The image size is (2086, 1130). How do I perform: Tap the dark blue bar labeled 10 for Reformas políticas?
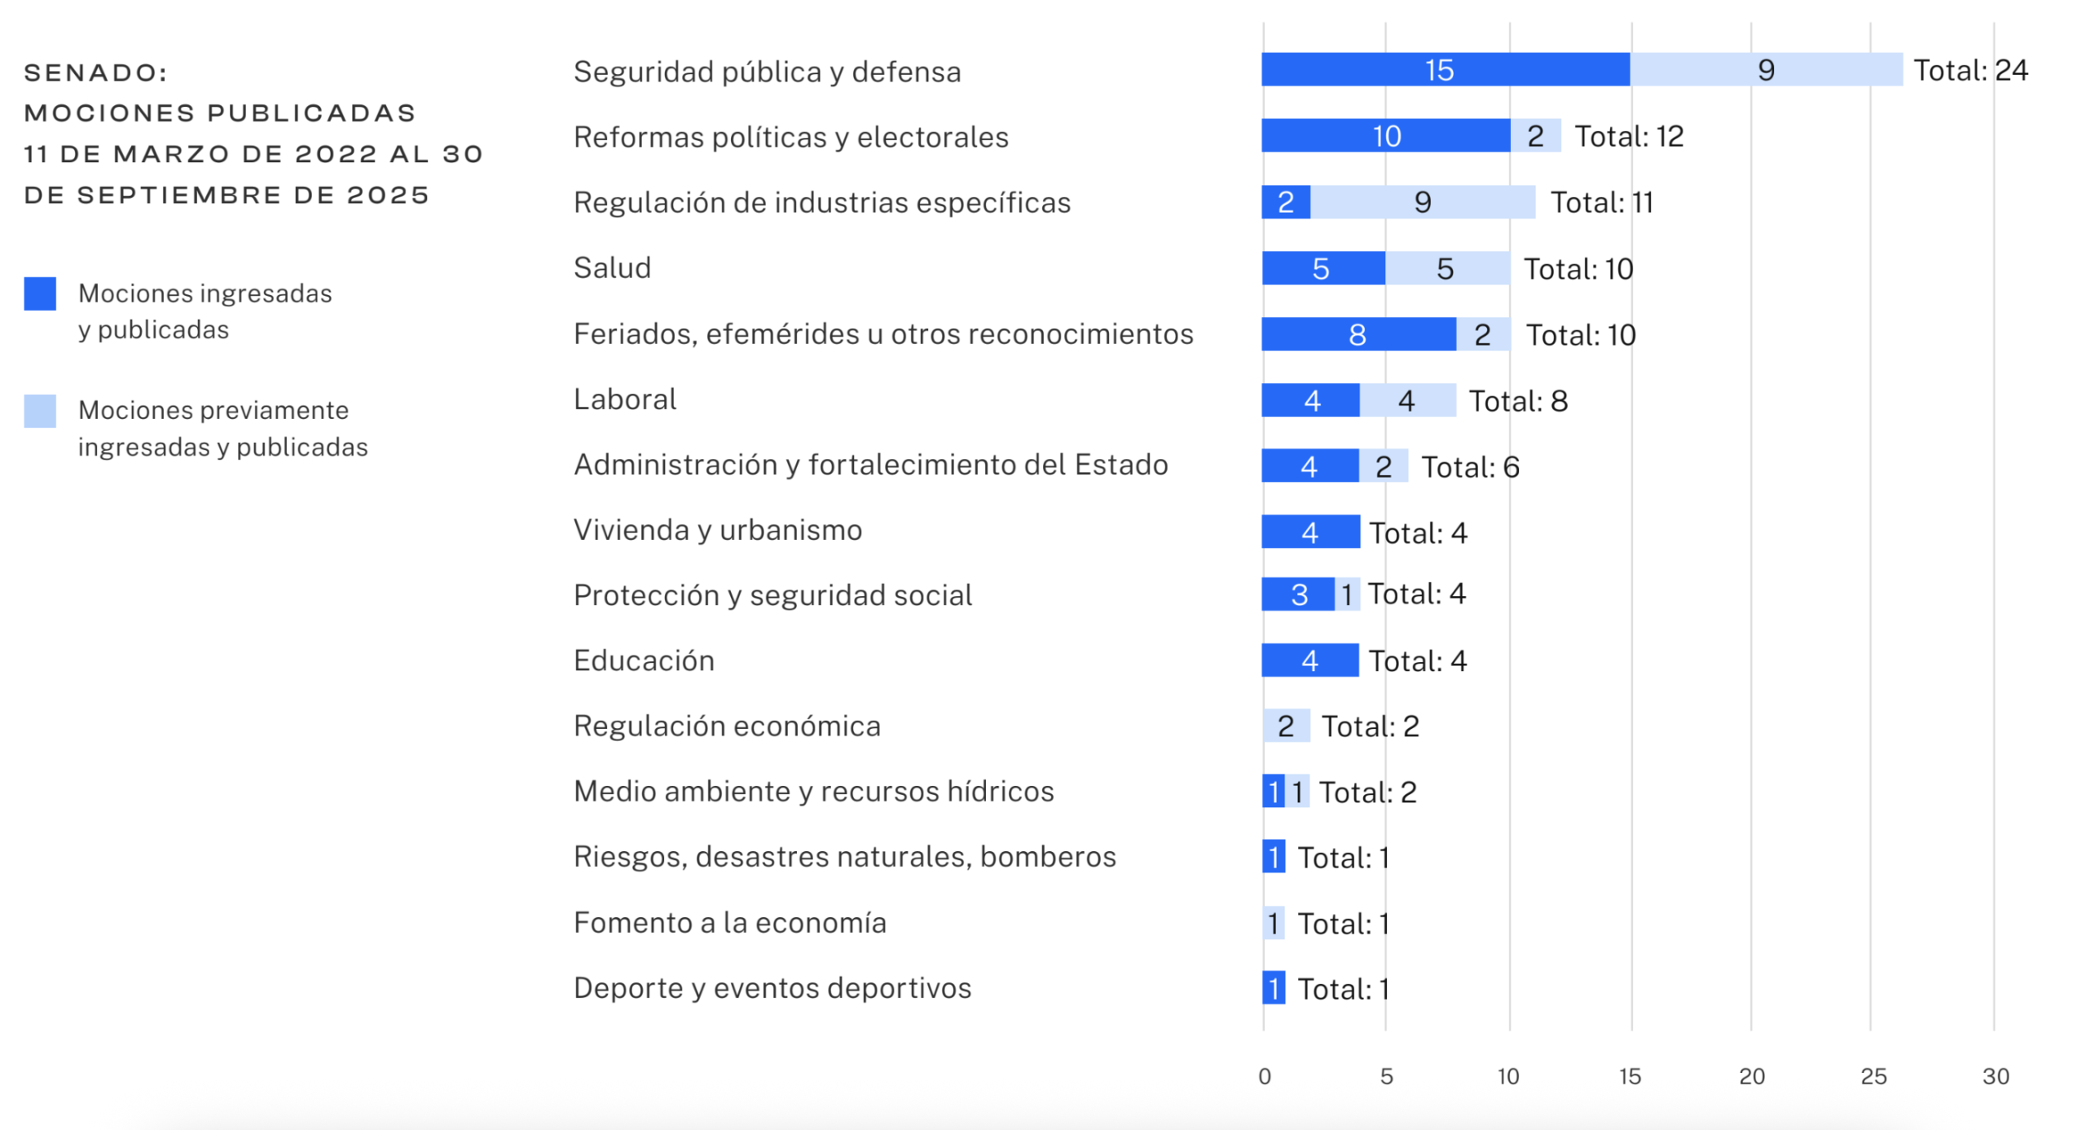pyautogui.click(x=1385, y=136)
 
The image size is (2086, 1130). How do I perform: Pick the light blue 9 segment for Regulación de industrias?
pyautogui.click(x=1422, y=202)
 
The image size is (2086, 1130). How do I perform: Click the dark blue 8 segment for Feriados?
pyautogui.click(x=1358, y=334)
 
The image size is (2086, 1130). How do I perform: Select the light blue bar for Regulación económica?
pyautogui.click(x=1286, y=726)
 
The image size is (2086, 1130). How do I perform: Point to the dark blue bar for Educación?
pyautogui.click(x=1309, y=660)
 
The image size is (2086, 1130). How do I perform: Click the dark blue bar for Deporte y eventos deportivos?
pyautogui.click(x=1274, y=988)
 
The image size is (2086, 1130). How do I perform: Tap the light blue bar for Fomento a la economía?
pyautogui.click(x=1274, y=923)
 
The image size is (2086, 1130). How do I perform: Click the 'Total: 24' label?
pyautogui.click(x=1969, y=71)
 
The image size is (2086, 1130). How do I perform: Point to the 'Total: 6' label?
pyautogui.click(x=1470, y=467)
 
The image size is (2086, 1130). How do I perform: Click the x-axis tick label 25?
pyautogui.click(x=1873, y=1076)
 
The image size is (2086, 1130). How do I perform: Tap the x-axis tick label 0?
pyautogui.click(x=1264, y=1076)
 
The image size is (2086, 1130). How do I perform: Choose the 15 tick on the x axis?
pyautogui.click(x=1629, y=1076)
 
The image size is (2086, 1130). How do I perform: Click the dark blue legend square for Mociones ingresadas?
pyautogui.click(x=40, y=294)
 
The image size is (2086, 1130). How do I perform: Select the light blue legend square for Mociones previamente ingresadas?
pyautogui.click(x=40, y=411)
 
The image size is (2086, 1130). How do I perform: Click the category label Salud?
pyautogui.click(x=612, y=268)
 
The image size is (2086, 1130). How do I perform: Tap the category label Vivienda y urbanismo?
pyautogui.click(x=717, y=530)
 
